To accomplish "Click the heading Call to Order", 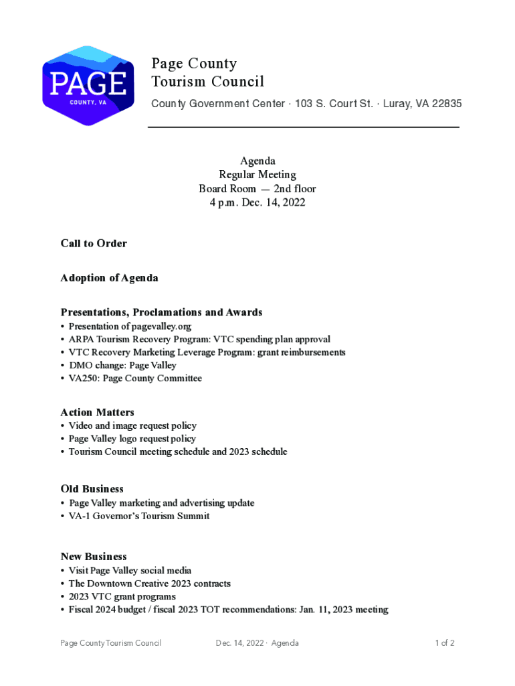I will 94,243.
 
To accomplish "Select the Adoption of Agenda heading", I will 109,277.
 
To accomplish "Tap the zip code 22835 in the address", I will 446,104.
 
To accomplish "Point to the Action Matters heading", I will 97,412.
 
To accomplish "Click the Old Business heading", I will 92,488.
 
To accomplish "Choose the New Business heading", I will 93,556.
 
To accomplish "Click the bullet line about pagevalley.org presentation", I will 130,326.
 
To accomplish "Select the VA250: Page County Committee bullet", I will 135,379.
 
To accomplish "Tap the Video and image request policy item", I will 132,425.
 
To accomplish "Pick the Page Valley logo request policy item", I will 132,439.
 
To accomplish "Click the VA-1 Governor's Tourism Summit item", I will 139,516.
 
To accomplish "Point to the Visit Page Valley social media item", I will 130,570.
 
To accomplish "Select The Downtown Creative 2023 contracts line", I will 149,584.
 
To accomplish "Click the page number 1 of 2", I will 444,643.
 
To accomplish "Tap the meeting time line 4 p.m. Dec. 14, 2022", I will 257,202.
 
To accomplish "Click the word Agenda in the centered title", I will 257,161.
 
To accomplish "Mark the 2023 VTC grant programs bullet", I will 122,596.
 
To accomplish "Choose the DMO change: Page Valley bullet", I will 122,365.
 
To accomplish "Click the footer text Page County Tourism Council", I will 111,643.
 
